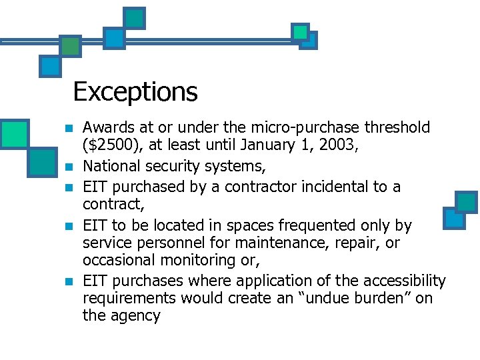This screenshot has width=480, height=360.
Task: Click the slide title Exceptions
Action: pos(135,91)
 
